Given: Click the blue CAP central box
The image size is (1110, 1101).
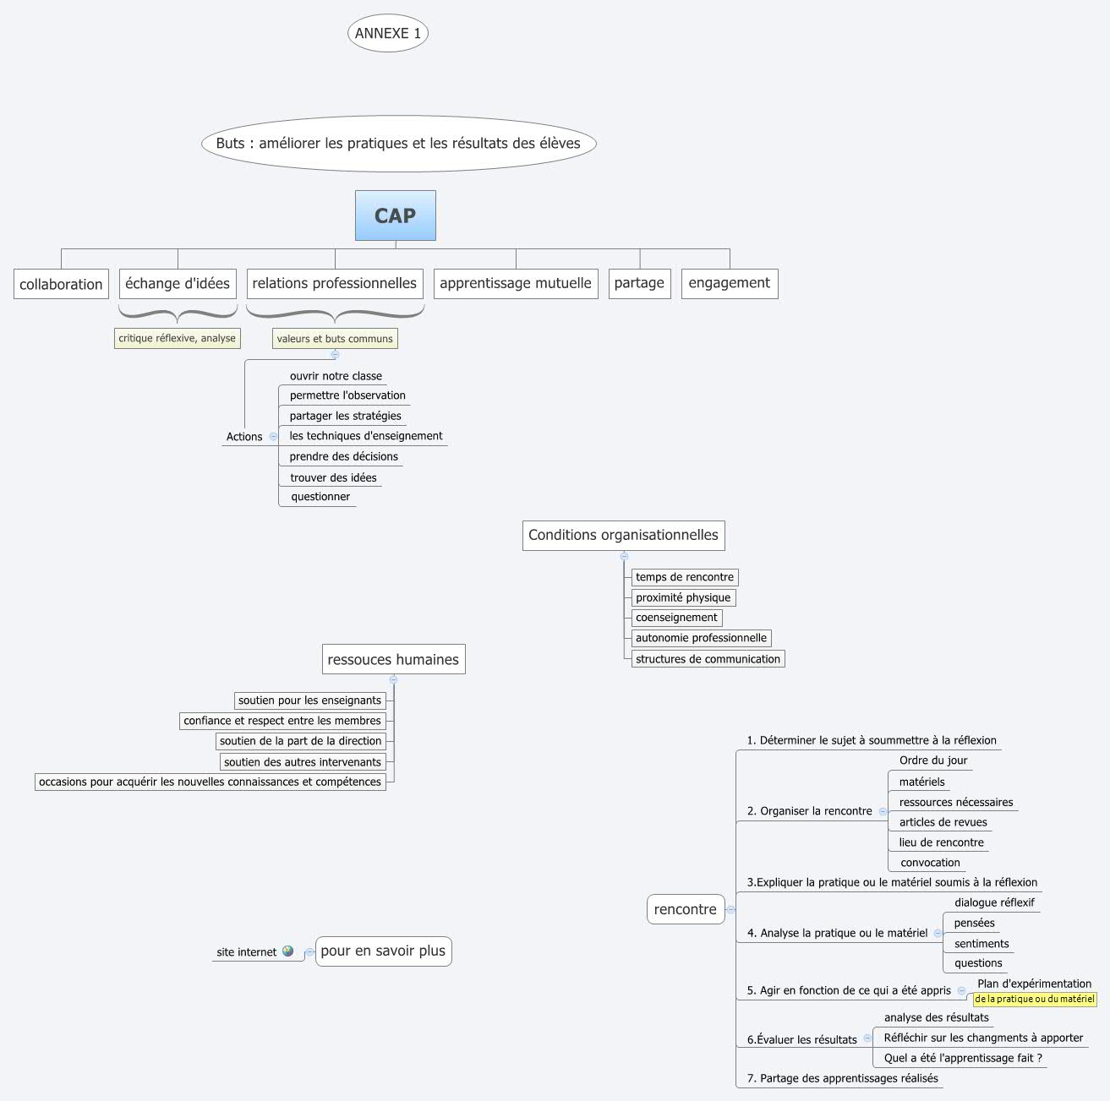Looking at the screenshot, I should click(x=395, y=215).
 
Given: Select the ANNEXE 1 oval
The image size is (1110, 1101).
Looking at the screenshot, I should click(x=388, y=33).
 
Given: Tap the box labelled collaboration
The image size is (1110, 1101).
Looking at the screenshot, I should click(x=61, y=284).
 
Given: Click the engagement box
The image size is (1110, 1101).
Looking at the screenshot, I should click(x=729, y=283).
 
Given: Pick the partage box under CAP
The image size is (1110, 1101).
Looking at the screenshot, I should click(x=639, y=283).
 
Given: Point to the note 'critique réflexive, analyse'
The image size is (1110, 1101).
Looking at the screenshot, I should click(x=178, y=338).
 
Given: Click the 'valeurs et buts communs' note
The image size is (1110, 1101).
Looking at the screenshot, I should click(x=335, y=339).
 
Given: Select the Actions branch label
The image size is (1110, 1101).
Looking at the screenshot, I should click(x=244, y=437).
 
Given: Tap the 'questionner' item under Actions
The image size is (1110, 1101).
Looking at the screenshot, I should click(x=320, y=497).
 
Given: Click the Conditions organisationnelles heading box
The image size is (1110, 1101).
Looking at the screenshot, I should click(x=623, y=535).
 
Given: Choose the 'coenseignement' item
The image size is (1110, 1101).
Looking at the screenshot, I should click(x=676, y=618).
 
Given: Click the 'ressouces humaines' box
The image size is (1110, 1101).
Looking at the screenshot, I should click(x=393, y=659).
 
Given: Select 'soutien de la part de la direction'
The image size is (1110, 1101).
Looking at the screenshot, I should click(x=301, y=741).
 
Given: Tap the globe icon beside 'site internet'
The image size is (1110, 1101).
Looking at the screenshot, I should click(x=288, y=951).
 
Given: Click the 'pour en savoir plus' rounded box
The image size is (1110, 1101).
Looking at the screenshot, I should click(x=383, y=951).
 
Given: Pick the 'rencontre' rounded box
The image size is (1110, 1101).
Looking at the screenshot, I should click(x=686, y=909).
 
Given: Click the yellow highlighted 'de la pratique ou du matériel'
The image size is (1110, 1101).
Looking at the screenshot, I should click(x=1035, y=999).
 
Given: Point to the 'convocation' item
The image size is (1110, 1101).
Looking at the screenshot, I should click(x=930, y=863).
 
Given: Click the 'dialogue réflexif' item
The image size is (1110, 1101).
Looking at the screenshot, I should click(x=994, y=902).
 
